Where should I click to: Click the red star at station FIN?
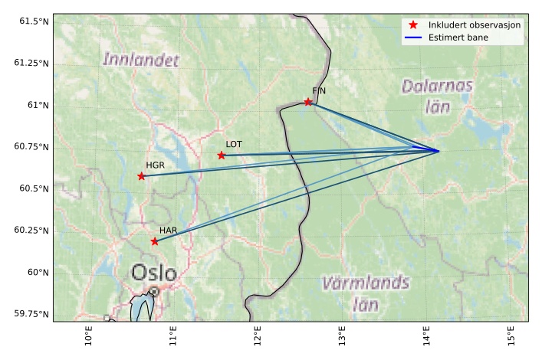(x=308, y=102)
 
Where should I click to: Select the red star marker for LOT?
(x=222, y=155)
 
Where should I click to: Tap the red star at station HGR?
(x=141, y=176)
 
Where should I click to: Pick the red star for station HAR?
(x=155, y=241)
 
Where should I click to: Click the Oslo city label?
(x=153, y=273)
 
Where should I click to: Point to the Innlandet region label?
(x=141, y=60)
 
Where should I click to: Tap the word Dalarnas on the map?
(x=438, y=86)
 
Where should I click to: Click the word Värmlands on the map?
(x=365, y=283)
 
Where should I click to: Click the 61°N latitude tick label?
(x=36, y=105)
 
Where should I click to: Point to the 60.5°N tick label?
(x=31, y=188)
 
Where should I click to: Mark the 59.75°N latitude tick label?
(x=29, y=314)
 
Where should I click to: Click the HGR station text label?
(x=155, y=165)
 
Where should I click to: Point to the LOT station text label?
(x=234, y=144)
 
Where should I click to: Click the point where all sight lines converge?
(x=439, y=151)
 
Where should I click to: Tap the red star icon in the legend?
(x=413, y=25)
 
